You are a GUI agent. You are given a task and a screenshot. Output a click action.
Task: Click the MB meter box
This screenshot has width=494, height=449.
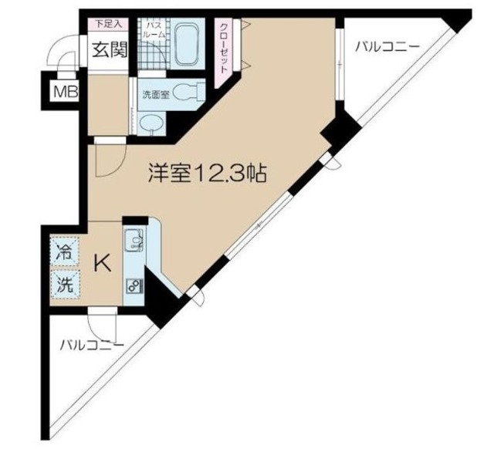[63, 93]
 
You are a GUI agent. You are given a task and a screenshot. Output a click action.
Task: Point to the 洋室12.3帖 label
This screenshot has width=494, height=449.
[207, 174]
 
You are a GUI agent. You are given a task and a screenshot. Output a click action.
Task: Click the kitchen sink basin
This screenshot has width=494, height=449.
[134, 241]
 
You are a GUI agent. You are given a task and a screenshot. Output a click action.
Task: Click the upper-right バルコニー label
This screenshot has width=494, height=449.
[386, 47]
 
